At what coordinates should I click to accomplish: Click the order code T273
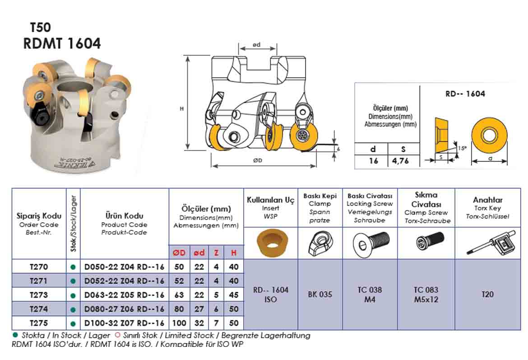click(x=38, y=295)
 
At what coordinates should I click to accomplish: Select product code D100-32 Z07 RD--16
click(x=125, y=323)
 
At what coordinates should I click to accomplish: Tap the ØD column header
click(x=179, y=253)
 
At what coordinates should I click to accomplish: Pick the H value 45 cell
click(x=234, y=295)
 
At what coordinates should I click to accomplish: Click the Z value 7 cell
click(x=216, y=323)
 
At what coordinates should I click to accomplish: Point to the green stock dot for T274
click(x=73, y=309)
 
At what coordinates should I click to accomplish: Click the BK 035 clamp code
click(x=320, y=295)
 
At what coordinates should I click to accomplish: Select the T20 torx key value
click(x=487, y=295)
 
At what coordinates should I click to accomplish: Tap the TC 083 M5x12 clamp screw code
click(x=426, y=295)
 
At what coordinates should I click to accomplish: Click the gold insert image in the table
click(x=270, y=243)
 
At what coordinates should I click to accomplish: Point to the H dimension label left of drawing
click(x=181, y=109)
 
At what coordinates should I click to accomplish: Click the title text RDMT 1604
click(x=62, y=44)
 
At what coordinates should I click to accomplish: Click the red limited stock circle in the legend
click(x=117, y=335)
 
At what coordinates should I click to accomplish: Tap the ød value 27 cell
click(x=199, y=309)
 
